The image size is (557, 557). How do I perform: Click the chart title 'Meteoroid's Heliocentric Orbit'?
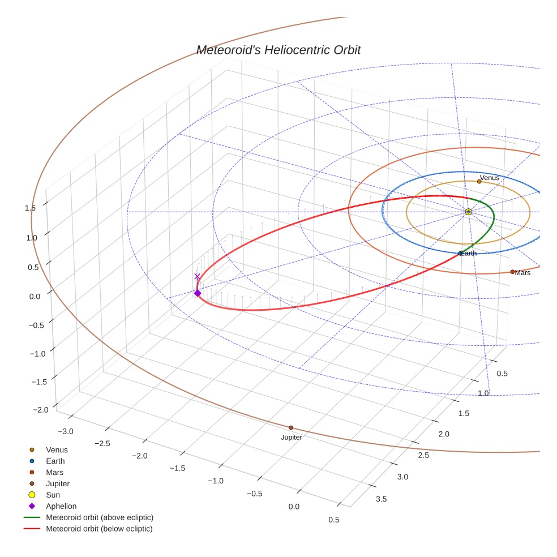point(278,50)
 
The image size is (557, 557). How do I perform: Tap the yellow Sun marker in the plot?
point(468,212)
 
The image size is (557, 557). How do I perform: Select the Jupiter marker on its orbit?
point(291,428)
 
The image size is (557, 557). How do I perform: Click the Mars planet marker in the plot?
point(512,272)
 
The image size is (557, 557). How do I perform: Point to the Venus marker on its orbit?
point(479,182)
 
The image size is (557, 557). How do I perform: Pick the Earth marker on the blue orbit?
point(460,253)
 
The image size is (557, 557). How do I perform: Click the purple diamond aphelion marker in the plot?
point(197,293)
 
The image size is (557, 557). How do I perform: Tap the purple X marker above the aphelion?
point(197,277)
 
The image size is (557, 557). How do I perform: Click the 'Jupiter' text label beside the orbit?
point(292,438)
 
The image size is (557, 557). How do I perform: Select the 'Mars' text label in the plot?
point(522,273)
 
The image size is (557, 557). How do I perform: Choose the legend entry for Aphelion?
point(61,506)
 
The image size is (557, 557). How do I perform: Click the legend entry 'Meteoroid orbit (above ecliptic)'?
point(100,517)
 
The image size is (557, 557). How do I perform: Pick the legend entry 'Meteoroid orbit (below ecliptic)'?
point(100,529)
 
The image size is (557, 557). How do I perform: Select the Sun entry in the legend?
point(53,495)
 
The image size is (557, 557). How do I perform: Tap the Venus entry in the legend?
point(57,450)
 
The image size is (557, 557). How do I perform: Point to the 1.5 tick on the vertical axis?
point(30,208)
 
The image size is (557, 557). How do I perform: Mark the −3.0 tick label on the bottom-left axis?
point(66,432)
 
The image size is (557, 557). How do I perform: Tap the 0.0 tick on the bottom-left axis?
point(294,506)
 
